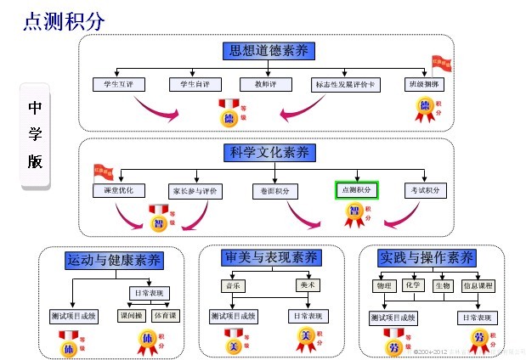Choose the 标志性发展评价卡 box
click(339, 84)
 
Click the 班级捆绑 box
click(426, 84)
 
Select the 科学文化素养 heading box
click(269, 153)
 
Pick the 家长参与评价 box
click(195, 190)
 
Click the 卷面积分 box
click(274, 190)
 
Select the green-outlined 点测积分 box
click(357, 190)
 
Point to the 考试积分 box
click(426, 190)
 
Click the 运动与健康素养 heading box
click(113, 260)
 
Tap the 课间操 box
click(130, 316)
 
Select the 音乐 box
click(231, 285)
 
